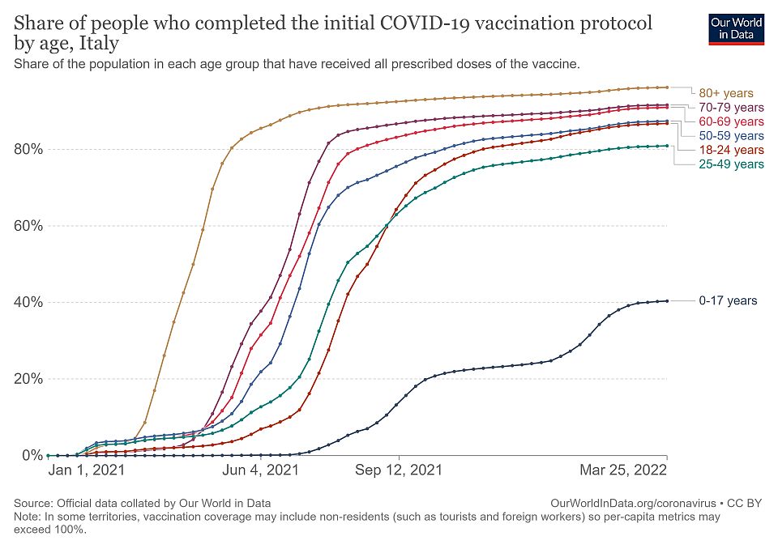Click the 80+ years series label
(726, 91)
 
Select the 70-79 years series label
(732, 107)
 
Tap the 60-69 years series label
(732, 121)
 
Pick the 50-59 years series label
(732, 135)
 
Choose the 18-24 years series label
(732, 150)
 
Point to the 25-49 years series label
(732, 164)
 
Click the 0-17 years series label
(728, 300)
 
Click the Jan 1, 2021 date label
(87, 470)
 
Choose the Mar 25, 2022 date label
(623, 470)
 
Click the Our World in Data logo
(736, 29)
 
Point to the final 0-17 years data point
(667, 300)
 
